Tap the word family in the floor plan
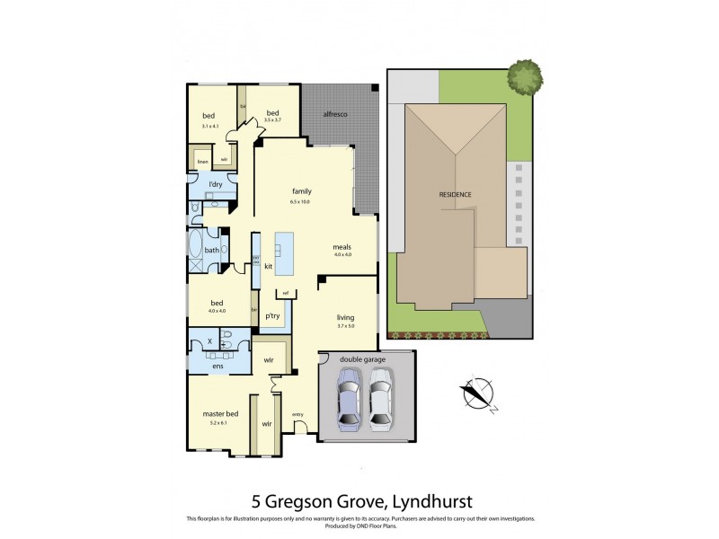point(300,191)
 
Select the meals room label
point(342,247)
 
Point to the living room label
point(345,316)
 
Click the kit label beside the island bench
point(268,266)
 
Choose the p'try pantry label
point(272,316)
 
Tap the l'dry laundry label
point(215,184)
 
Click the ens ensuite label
point(217,366)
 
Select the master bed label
point(218,413)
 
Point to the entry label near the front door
point(297,414)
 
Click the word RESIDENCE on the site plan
point(455,195)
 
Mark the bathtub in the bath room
point(196,250)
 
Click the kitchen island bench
point(283,254)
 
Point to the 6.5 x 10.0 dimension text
point(300,202)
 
